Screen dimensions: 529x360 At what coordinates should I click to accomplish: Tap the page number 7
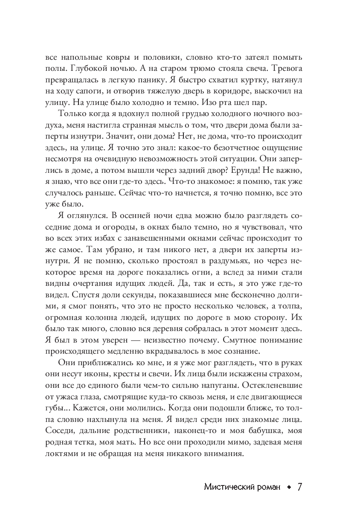pyautogui.click(x=299, y=487)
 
